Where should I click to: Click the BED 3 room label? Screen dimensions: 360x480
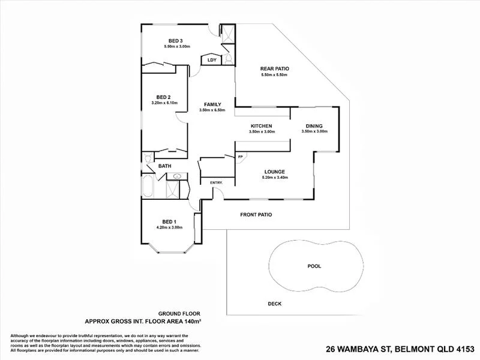[x=175, y=41]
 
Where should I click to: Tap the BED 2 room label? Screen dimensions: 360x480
[x=164, y=97]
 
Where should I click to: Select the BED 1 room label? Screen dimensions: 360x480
[x=169, y=221]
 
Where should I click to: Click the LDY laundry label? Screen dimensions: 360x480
[x=211, y=60]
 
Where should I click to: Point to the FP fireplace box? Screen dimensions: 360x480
[x=241, y=157]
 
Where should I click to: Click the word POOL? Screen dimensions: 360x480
[x=314, y=266]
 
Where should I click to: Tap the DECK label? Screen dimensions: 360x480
[x=275, y=304]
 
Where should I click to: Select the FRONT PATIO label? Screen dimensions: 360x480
[x=256, y=214]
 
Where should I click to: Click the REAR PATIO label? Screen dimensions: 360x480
[x=275, y=69]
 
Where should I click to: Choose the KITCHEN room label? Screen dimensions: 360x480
[x=262, y=126]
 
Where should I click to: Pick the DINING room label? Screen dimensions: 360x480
[x=314, y=126]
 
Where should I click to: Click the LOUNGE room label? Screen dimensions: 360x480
[x=275, y=172]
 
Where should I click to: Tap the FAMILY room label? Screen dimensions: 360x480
[x=212, y=104]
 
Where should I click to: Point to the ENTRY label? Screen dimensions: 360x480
[x=216, y=182]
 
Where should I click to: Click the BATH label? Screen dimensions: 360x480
[x=165, y=166]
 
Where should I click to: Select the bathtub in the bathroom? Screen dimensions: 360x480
[x=148, y=188]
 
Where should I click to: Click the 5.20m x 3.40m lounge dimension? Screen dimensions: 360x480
[x=275, y=178]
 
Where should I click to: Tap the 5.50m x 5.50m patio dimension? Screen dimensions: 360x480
[x=275, y=75]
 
